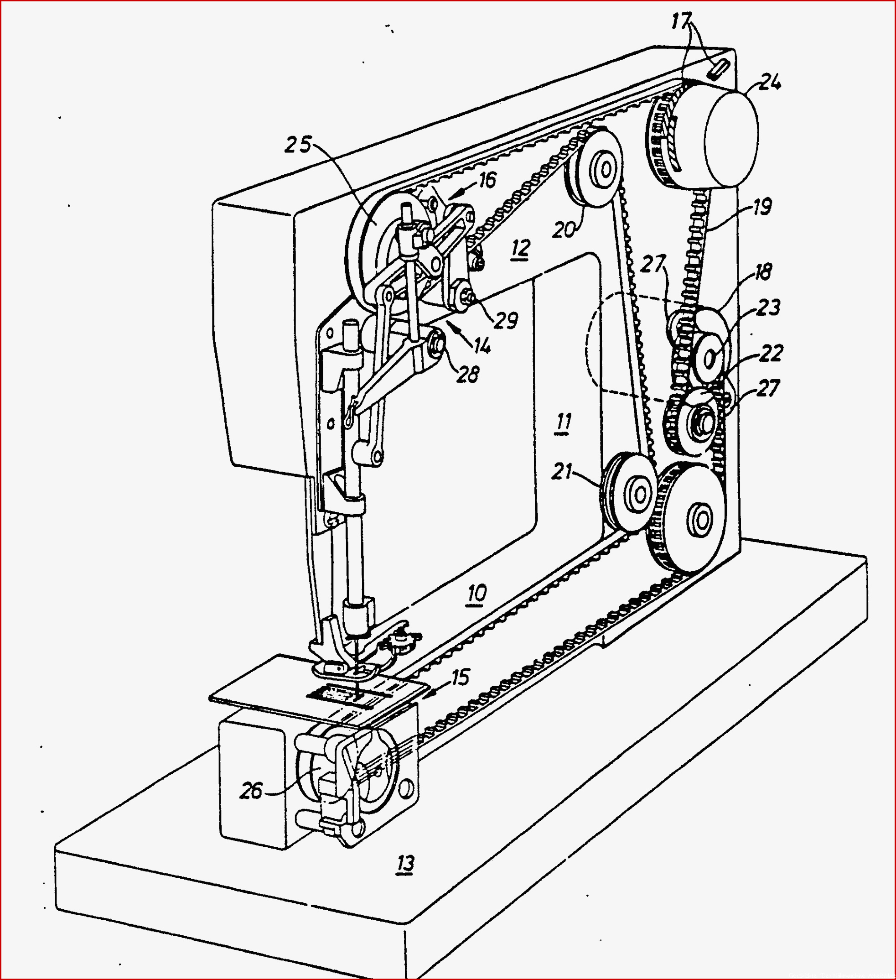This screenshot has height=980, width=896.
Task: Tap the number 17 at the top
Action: pyautogui.click(x=681, y=21)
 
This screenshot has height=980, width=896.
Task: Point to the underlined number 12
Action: pyautogui.click(x=520, y=249)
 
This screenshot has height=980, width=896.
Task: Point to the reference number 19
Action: pyautogui.click(x=762, y=207)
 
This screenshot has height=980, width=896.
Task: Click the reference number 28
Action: pyautogui.click(x=468, y=374)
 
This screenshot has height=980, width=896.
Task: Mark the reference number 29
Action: pyautogui.click(x=506, y=320)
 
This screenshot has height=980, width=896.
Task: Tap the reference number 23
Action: pyautogui.click(x=768, y=308)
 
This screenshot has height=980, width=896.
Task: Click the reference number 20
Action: pyautogui.click(x=564, y=229)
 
